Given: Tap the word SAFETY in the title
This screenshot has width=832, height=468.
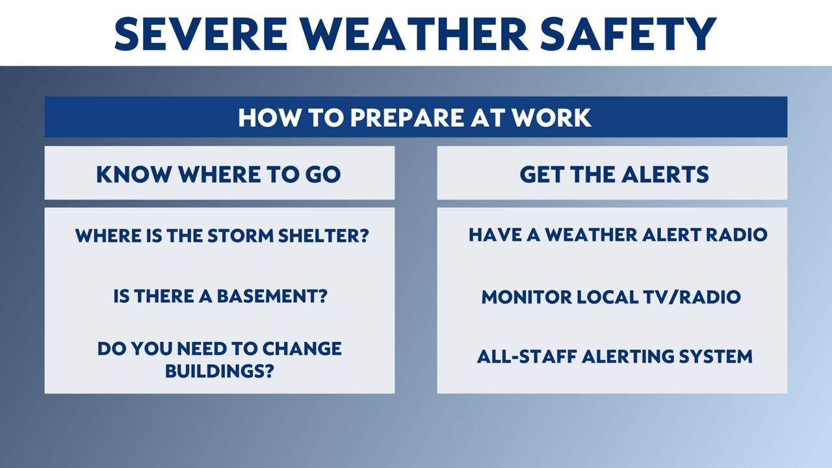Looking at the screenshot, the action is [x=628, y=34].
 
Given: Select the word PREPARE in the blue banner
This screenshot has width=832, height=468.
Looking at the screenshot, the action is [x=407, y=118].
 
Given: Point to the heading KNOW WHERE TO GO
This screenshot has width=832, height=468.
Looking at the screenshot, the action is [x=218, y=174].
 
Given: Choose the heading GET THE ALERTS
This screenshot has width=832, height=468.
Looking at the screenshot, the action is [x=614, y=174].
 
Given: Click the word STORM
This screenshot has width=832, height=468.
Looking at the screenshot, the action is [x=240, y=235].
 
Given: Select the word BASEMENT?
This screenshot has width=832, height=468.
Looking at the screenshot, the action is [x=272, y=296].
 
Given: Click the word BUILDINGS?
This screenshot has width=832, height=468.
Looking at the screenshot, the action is [x=220, y=370].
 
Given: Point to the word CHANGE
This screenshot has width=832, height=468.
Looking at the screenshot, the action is [x=302, y=348].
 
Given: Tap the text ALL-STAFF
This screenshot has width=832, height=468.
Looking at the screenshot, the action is [x=527, y=356].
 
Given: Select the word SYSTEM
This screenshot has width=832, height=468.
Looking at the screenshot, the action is [x=716, y=356].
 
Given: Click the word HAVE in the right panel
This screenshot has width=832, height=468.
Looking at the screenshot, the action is [x=495, y=235].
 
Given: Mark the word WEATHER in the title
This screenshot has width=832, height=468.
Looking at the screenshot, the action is [x=414, y=34].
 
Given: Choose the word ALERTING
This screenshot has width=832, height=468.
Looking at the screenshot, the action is [x=629, y=356].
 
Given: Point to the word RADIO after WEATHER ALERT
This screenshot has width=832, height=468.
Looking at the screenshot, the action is [x=736, y=235].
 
